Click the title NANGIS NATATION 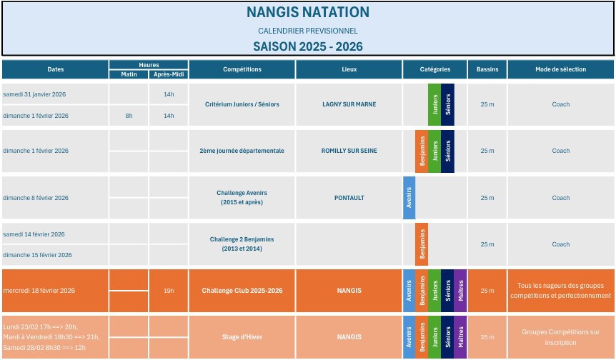[307, 12]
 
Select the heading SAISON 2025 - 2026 [307, 46]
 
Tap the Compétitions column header [242, 69]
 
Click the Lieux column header [349, 69]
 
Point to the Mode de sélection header [560, 69]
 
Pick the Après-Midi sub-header [169, 74]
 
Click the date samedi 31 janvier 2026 [34, 94]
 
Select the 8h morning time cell [129, 116]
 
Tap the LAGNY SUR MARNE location [349, 104]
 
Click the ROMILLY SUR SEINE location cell [349, 151]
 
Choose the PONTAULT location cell [349, 198]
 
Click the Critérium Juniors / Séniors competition [242, 104]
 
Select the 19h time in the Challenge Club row [169, 291]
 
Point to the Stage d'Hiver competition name [242, 337]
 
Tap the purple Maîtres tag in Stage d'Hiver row [460, 337]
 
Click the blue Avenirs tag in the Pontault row [409, 198]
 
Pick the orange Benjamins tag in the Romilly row [422, 151]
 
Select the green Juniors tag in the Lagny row [434, 104]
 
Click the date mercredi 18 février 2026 [39, 291]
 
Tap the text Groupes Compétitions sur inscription [560, 337]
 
